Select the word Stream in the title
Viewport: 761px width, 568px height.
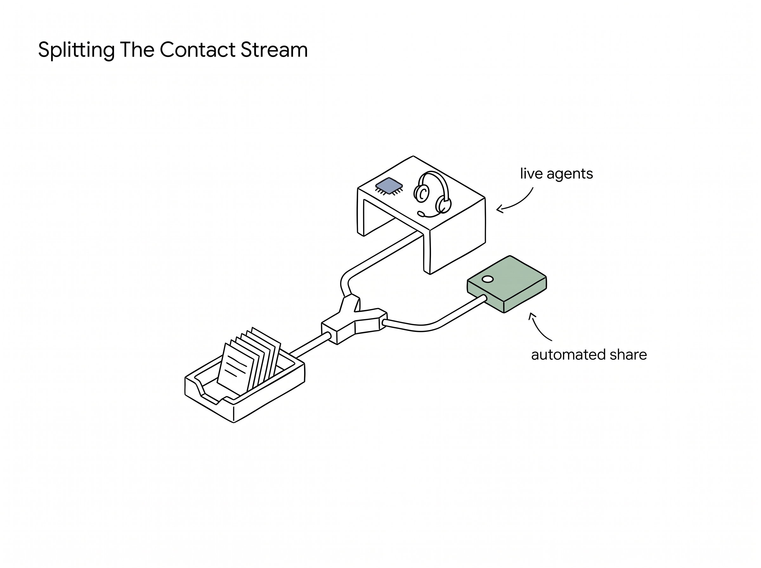pos(274,49)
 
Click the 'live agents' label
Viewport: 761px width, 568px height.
pos(556,174)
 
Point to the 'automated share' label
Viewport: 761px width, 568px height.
pos(589,354)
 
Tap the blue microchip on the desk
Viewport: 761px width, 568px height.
pos(389,186)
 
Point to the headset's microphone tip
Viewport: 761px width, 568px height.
pos(421,214)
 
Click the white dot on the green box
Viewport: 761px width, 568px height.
pos(488,279)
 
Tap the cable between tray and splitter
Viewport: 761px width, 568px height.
pos(309,345)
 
